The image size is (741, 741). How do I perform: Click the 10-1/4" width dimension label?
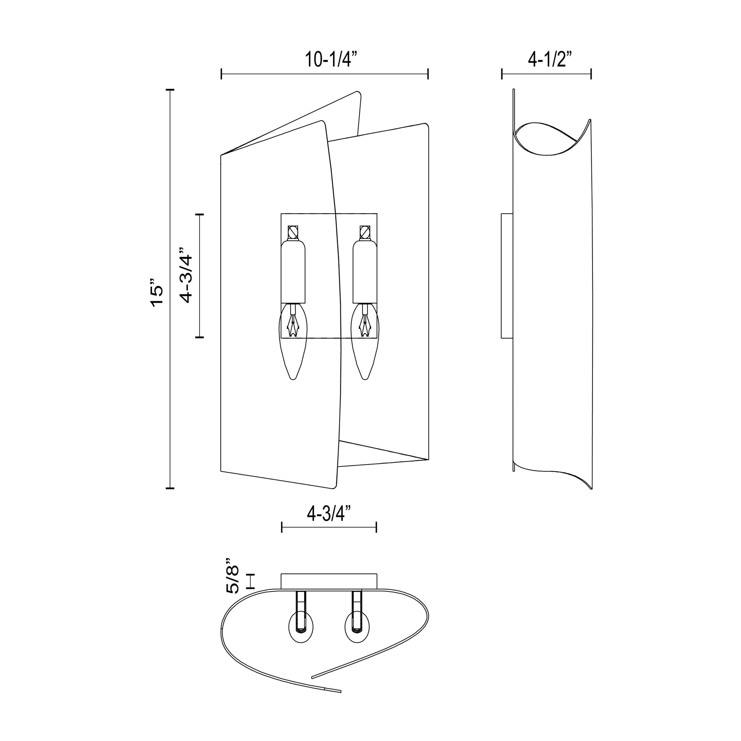pos(331,60)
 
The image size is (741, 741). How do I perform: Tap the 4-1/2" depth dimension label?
pos(549,60)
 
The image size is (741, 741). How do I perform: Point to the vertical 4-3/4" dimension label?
pos(187,275)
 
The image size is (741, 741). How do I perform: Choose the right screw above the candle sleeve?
pos(365,232)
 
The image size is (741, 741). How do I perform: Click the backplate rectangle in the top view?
pos(329,581)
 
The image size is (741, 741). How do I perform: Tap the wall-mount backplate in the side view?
pos(507,275)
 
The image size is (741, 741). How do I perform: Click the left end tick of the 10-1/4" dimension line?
pos(221,74)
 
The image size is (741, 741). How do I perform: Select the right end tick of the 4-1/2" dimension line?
pos(591,74)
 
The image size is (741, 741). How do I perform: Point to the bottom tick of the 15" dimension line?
pos(170,488)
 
